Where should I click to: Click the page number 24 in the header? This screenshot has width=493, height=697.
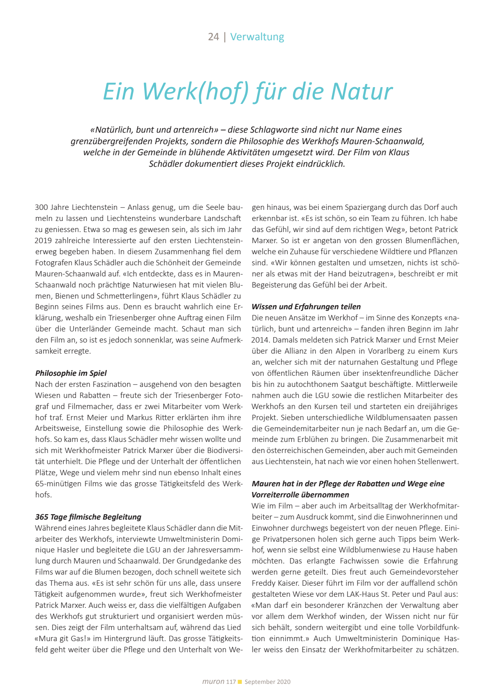[213, 37]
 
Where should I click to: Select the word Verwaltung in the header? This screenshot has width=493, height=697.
[257, 37]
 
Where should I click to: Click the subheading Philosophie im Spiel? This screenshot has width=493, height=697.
[71, 373]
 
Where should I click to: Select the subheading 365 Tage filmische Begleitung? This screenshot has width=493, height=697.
[88, 517]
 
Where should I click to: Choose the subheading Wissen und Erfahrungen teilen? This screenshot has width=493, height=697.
[306, 306]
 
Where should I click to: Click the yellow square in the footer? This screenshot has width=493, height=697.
[240, 681]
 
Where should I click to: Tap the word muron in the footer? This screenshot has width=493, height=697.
[213, 681]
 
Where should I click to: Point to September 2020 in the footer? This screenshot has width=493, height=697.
[267, 682]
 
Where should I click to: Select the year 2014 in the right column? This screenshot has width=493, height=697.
[260, 340]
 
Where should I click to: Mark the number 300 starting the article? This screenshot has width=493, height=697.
[41, 207]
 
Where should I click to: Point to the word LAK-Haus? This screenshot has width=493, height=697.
[364, 594]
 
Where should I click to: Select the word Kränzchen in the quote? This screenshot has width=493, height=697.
[377, 605]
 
